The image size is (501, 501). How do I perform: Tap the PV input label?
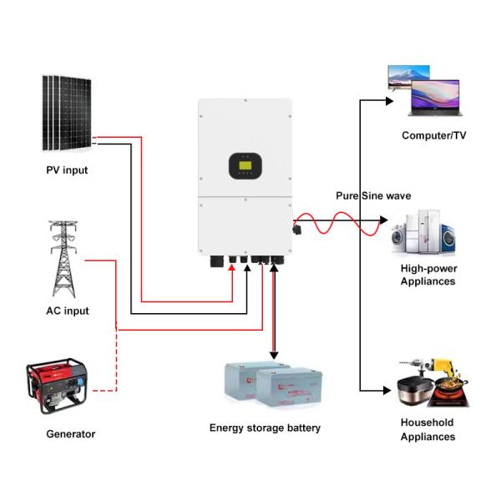click(x=67, y=170)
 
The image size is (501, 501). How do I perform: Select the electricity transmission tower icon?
click(x=64, y=258)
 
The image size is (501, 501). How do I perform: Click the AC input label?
click(x=67, y=311)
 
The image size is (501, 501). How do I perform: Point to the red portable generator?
click(x=56, y=387)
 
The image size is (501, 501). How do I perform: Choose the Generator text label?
click(x=70, y=434)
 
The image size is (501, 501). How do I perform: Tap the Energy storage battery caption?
click(x=265, y=428)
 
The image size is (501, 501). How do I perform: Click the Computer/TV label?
click(x=434, y=135)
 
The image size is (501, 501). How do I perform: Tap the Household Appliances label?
click(x=428, y=429)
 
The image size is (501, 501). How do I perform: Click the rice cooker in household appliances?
click(x=414, y=392)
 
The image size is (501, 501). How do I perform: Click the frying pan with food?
click(x=451, y=390)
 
